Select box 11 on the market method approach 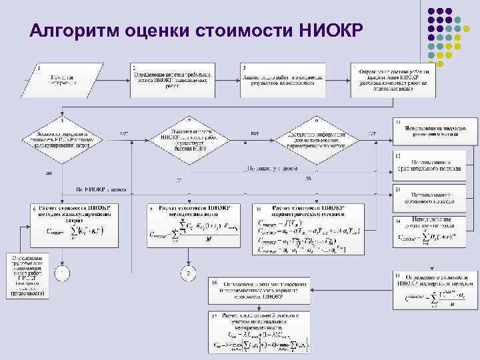tap(435, 132)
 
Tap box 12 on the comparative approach tap(435, 164)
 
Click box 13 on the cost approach tap(435, 195)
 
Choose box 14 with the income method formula tap(435, 230)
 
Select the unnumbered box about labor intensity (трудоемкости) tap(27, 274)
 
